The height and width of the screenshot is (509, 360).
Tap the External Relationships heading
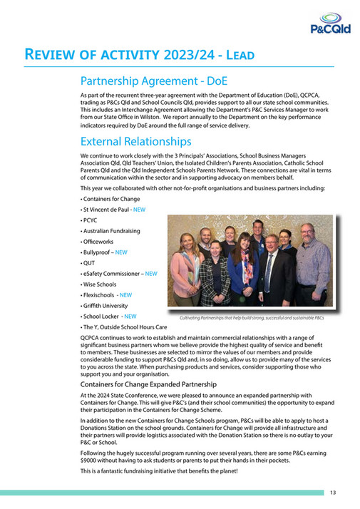tap(135, 141)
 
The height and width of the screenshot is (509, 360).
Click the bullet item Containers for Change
tap(111, 199)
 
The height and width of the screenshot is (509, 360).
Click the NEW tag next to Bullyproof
tap(121, 252)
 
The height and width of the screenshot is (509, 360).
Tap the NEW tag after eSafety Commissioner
tap(151, 273)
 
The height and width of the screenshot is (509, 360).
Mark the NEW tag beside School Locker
tap(129, 316)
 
